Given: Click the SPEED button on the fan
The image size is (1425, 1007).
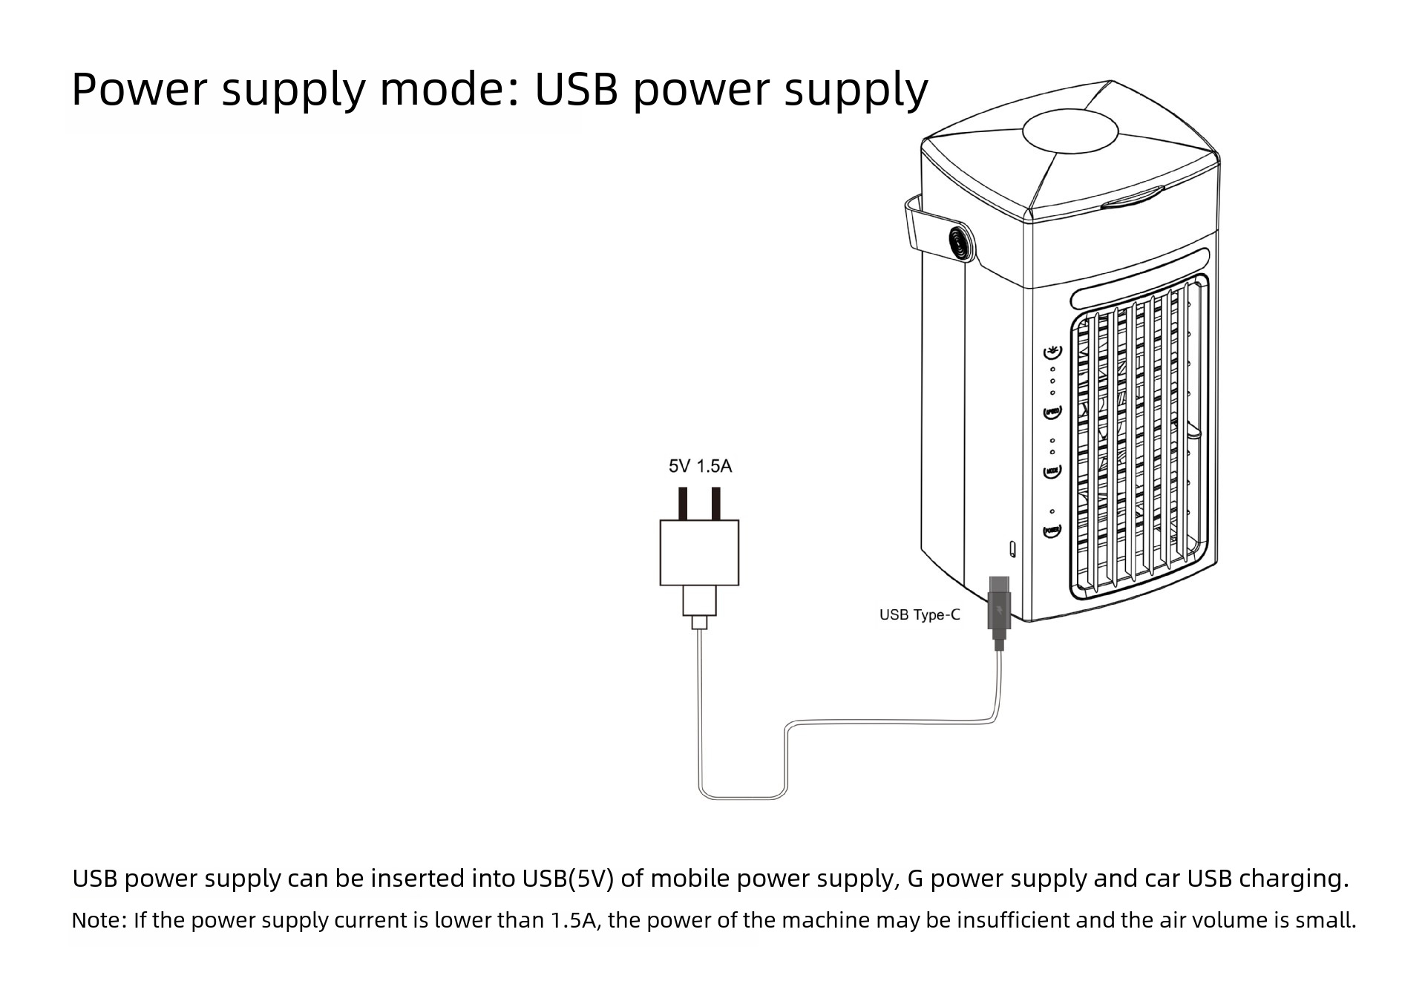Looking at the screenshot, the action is click(x=1052, y=412).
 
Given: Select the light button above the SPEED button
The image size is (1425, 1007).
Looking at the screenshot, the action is click(x=1052, y=352).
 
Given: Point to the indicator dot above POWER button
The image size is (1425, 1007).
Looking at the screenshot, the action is click(x=1052, y=511).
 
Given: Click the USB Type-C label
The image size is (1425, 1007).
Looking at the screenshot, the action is click(x=919, y=615).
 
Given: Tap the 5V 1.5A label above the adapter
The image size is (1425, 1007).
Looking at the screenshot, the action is click(x=700, y=466).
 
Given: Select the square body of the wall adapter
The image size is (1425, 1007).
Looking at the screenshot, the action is click(x=699, y=552).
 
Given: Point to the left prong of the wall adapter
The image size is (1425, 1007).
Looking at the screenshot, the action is click(x=683, y=503).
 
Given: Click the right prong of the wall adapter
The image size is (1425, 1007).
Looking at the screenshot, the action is click(x=715, y=503).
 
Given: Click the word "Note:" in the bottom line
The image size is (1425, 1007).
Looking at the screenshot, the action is click(x=99, y=920).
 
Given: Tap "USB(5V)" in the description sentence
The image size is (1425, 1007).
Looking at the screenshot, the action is click(x=568, y=879).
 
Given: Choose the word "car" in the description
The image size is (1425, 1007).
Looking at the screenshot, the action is click(x=1162, y=879).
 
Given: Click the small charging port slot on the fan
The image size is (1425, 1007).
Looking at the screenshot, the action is click(x=1012, y=549).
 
